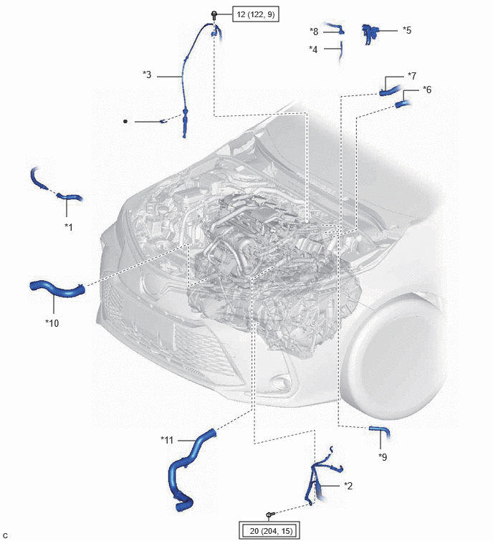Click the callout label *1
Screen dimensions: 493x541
point(69,227)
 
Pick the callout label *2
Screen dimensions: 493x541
point(348,486)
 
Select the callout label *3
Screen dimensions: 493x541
point(147,75)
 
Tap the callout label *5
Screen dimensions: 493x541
point(407,30)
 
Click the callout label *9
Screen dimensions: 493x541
point(383,457)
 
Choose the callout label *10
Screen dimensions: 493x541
point(52,323)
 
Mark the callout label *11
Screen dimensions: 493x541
point(167,440)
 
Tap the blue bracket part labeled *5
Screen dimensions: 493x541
point(370,33)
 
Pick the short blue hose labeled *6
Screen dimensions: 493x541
point(402,103)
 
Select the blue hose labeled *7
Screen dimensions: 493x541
point(390,91)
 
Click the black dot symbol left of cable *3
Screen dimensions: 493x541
point(125,121)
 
